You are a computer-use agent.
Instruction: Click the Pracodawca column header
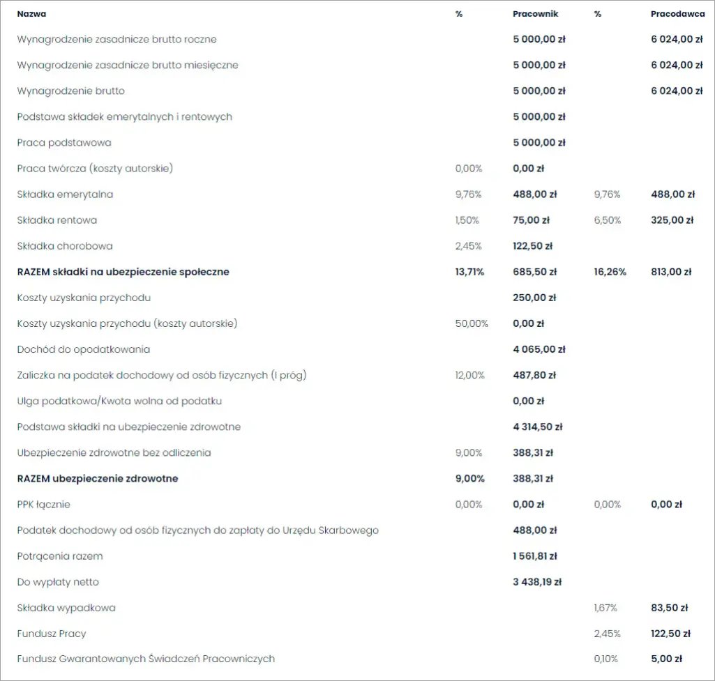[x=677, y=14]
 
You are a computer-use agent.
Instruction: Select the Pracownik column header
[x=535, y=14]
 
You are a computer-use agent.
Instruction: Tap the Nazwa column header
[x=32, y=14]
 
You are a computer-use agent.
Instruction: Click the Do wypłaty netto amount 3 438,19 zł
[x=537, y=582]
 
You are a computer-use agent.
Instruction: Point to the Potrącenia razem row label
[x=60, y=556]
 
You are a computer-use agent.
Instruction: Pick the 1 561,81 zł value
[x=535, y=556]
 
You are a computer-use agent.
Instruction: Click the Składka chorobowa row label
[x=65, y=246]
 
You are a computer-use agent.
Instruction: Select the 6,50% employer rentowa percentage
[x=606, y=220]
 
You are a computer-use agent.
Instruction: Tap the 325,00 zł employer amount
[x=672, y=220]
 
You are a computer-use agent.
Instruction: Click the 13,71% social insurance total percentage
[x=469, y=272]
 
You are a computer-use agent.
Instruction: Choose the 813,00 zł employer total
[x=671, y=272]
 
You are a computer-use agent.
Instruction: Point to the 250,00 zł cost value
[x=534, y=298]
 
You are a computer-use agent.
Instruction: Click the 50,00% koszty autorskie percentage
[x=472, y=323]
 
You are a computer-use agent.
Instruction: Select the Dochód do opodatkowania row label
[x=84, y=349]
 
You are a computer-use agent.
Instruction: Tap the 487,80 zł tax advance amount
[x=534, y=375]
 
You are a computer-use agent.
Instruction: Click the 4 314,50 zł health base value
[x=537, y=427]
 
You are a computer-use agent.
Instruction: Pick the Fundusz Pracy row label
[x=52, y=634]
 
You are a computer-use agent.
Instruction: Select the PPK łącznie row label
[x=44, y=505]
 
